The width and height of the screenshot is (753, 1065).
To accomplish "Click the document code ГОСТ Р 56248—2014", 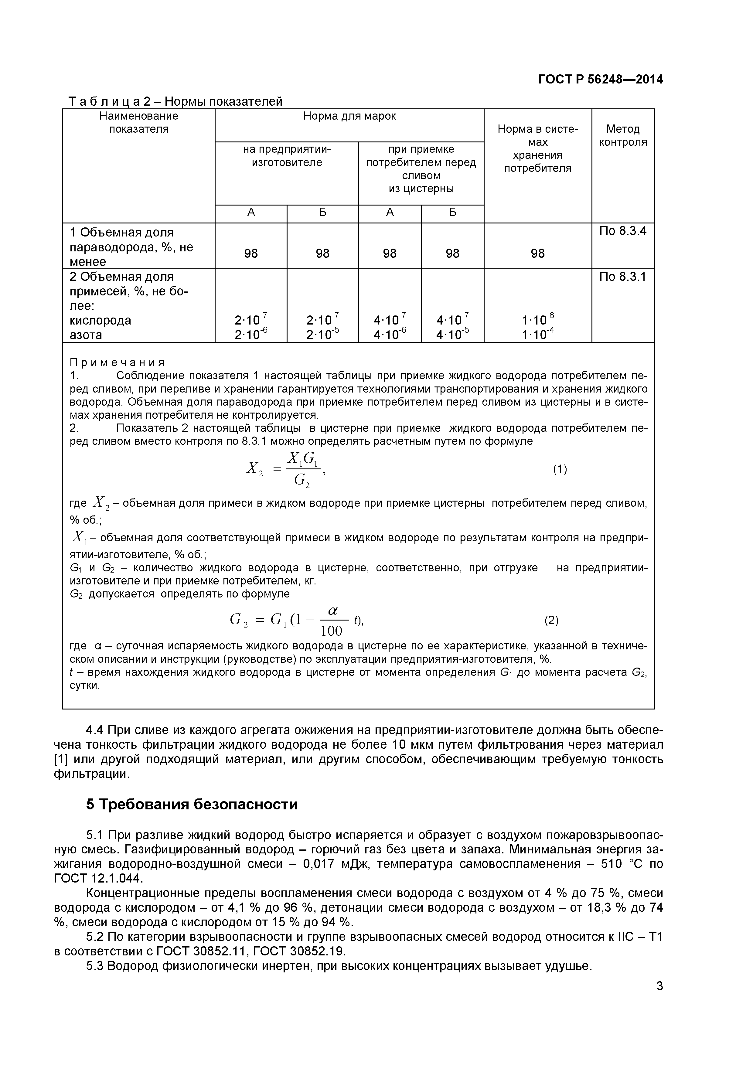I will click(x=600, y=79).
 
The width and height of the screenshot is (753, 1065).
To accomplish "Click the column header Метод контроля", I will click(x=623, y=135).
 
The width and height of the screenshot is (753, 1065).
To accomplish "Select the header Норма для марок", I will click(x=349, y=116).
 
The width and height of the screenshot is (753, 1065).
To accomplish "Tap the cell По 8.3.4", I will click(x=623, y=231).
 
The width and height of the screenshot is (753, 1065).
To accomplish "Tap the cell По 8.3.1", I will click(x=623, y=277).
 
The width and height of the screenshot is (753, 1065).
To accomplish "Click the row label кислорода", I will click(x=100, y=321).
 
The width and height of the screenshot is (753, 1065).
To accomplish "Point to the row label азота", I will click(x=86, y=335).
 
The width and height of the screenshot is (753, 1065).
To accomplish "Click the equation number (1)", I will click(x=560, y=469).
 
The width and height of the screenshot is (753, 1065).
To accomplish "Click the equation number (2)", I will click(x=551, y=620).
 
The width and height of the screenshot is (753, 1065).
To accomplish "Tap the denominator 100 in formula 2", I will click(x=331, y=631).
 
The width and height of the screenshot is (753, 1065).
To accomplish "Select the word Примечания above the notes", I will click(x=117, y=362).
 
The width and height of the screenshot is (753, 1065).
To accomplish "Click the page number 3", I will click(x=659, y=999).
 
